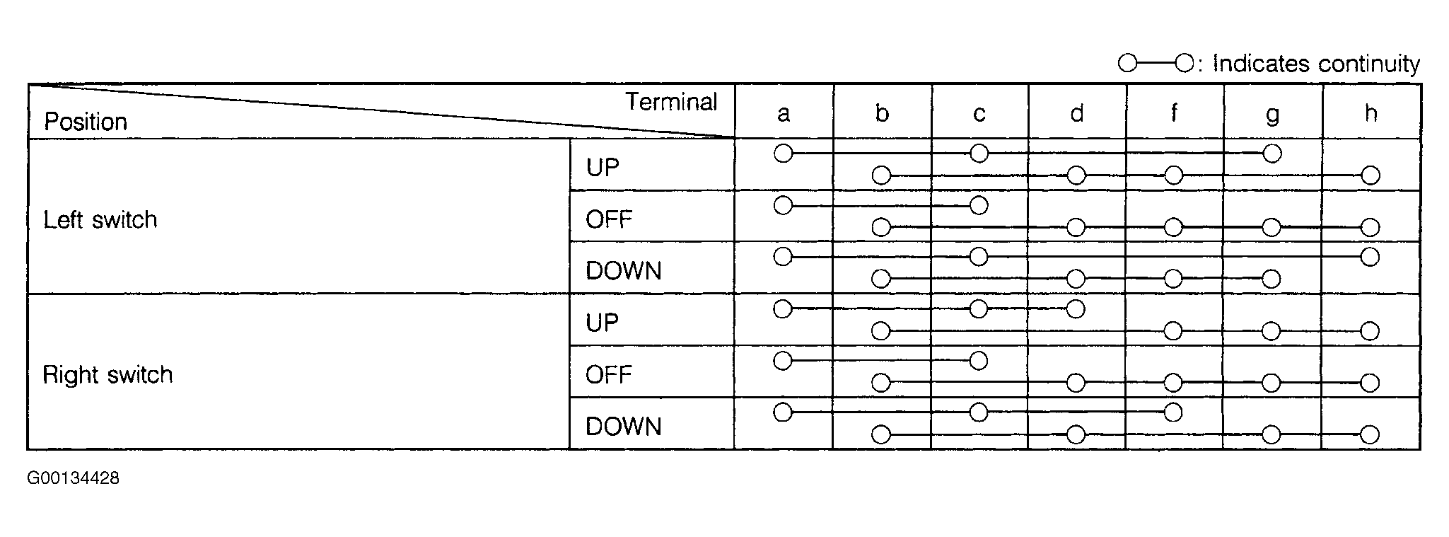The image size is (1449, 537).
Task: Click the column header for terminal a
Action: pyautogui.click(x=783, y=114)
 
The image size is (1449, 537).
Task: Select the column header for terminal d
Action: pyautogui.click(x=1076, y=112)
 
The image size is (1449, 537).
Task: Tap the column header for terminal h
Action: pyautogui.click(x=1371, y=112)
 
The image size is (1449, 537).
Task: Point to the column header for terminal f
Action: pyautogui.click(x=1174, y=112)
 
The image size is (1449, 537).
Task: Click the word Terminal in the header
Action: pyautogui.click(x=671, y=102)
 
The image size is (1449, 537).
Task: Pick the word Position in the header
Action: pyautogui.click(x=86, y=122)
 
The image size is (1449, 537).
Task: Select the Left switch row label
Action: pyautogui.click(x=100, y=219)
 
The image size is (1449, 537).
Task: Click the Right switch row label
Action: pyautogui.click(x=107, y=374)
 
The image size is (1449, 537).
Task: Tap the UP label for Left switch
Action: pyautogui.click(x=603, y=168)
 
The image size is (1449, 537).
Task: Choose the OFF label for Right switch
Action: pyautogui.click(x=608, y=374)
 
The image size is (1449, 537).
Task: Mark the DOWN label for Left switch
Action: pyautogui.click(x=623, y=271)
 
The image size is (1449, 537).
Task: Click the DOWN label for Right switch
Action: pyautogui.click(x=623, y=427)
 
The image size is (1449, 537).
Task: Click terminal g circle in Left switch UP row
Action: pyautogui.click(x=1271, y=154)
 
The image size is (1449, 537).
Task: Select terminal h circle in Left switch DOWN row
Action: pyautogui.click(x=1370, y=257)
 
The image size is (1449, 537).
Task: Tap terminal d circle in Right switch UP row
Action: pyautogui.click(x=1075, y=308)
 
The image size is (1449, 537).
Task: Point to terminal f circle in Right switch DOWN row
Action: pyautogui.click(x=1172, y=412)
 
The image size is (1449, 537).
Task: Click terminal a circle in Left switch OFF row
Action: pyautogui.click(x=783, y=206)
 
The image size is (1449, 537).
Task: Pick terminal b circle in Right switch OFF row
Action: pyautogui.click(x=880, y=383)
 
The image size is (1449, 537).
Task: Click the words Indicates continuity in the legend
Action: pyautogui.click(x=1316, y=64)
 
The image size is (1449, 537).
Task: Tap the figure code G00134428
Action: pyautogui.click(x=74, y=478)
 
